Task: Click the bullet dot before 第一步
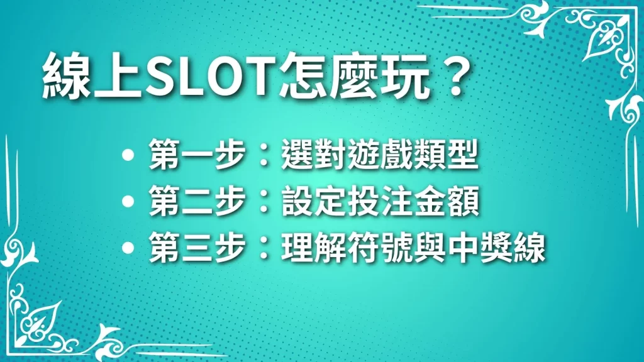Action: coord(128,155)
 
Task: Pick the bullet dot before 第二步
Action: coord(128,201)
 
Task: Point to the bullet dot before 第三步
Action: coord(128,248)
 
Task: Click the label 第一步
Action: coord(197,155)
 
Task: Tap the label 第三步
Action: coord(197,247)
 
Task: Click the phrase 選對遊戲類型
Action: coord(380,155)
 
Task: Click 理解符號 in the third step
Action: coord(347,247)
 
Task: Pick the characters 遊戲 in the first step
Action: coord(380,155)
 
